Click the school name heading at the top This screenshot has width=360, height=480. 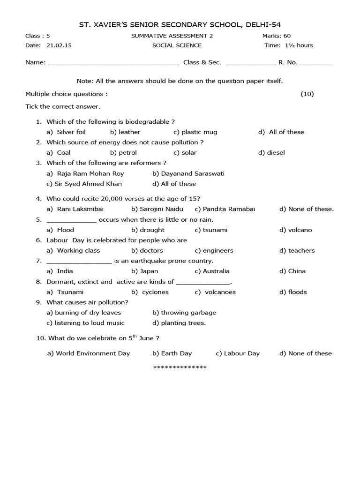(180, 24)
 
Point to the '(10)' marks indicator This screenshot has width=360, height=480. (307, 94)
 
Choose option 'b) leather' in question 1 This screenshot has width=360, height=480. (125, 132)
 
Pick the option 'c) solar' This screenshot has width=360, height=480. (185, 152)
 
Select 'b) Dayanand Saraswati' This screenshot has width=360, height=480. (182, 173)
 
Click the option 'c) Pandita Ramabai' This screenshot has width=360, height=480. (225, 209)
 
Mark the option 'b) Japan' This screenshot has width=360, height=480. (145, 271)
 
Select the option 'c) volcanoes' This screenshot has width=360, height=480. (215, 292)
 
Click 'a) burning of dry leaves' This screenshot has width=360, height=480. (83, 313)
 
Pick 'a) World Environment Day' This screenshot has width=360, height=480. (89, 353)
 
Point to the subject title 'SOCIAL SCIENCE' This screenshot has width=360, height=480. (177, 45)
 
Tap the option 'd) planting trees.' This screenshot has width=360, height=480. (179, 323)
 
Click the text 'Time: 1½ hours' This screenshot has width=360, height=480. (289, 45)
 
